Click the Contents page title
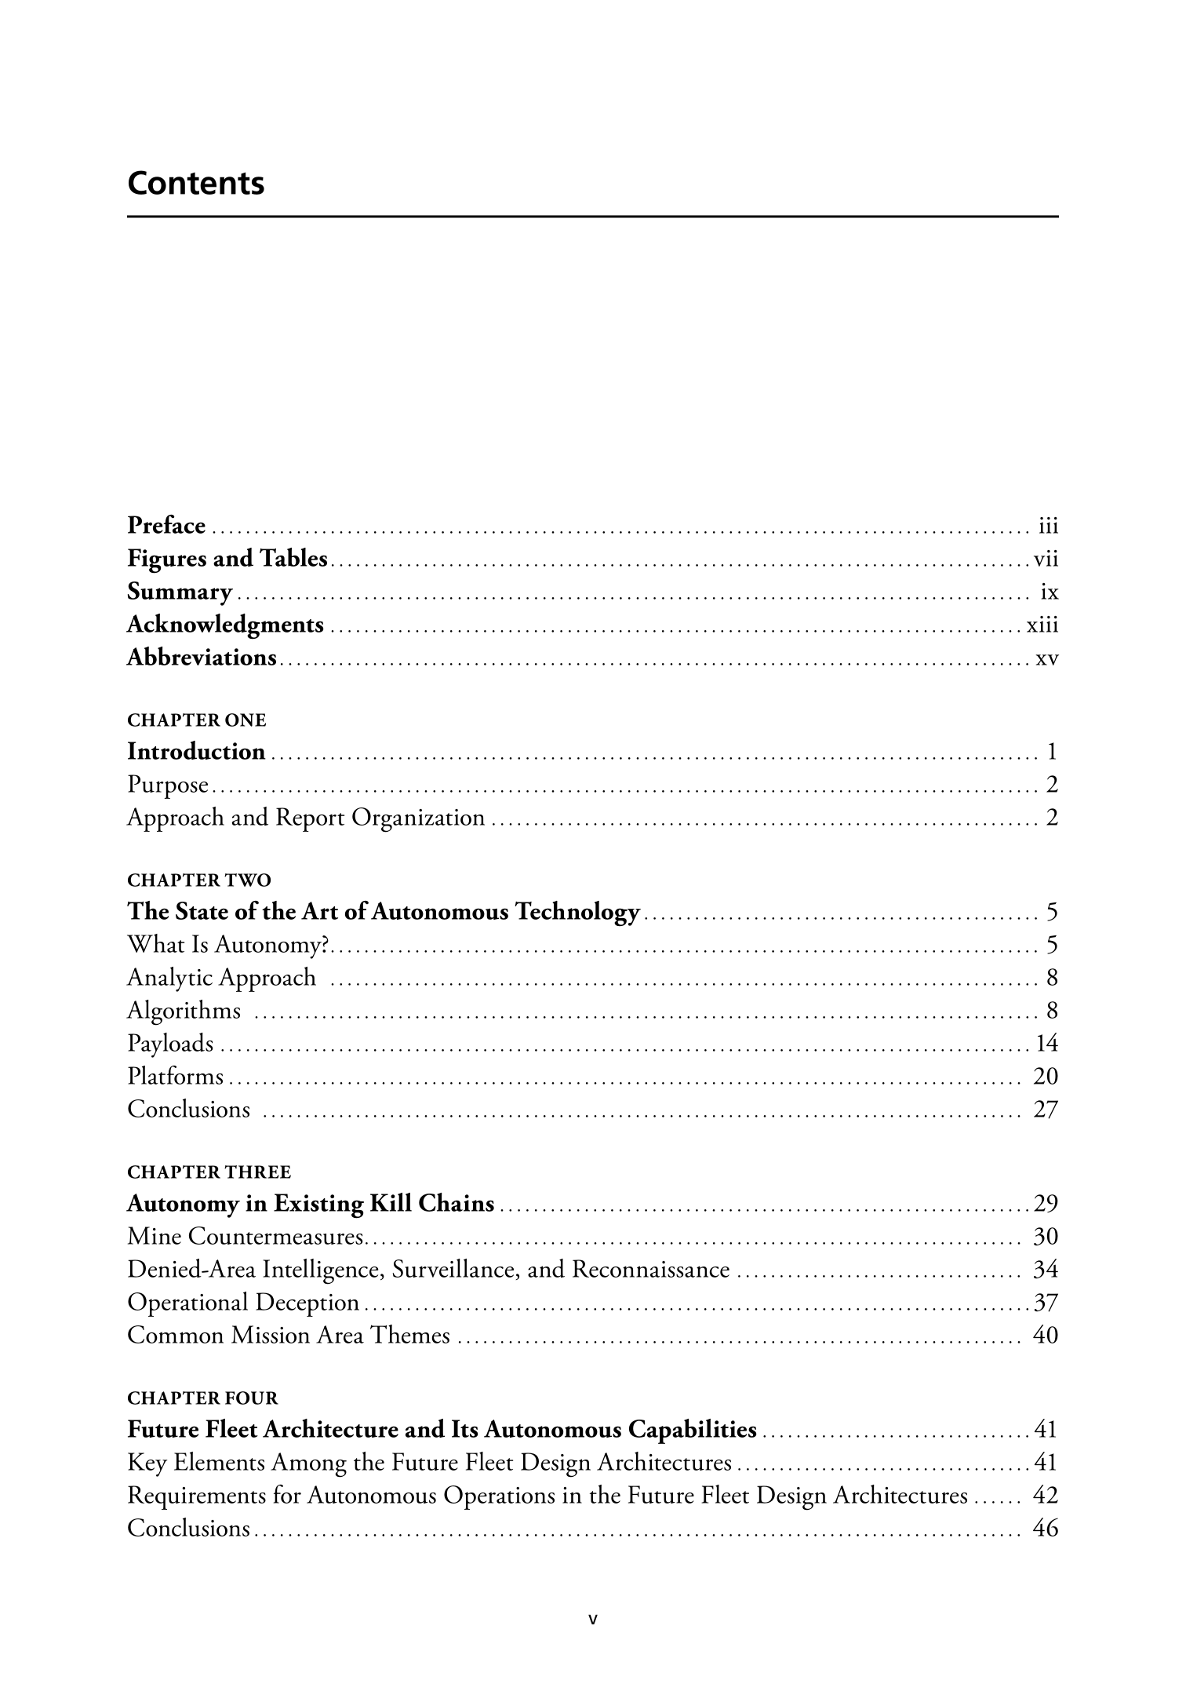click(196, 184)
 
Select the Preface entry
click(166, 524)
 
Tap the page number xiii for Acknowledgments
click(1042, 625)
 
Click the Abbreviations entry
click(202, 657)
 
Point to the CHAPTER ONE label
click(197, 720)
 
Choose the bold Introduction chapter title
click(196, 752)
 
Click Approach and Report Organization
click(306, 818)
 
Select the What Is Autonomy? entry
click(227, 944)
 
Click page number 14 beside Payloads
click(1046, 1043)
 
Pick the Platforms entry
click(176, 1076)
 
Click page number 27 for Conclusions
click(1046, 1110)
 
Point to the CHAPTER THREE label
click(209, 1172)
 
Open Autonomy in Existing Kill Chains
click(311, 1204)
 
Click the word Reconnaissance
click(651, 1270)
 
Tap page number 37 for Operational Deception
click(1046, 1303)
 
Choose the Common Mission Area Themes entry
click(289, 1336)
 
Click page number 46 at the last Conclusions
click(1046, 1529)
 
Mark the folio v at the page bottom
click(594, 1618)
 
